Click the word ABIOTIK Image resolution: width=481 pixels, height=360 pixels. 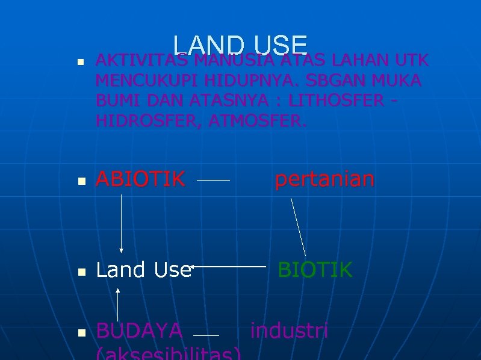[x=140, y=179]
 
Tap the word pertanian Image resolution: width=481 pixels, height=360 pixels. [x=324, y=179]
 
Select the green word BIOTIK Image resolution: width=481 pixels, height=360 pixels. [x=315, y=270]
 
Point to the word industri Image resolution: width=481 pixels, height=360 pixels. [x=289, y=331]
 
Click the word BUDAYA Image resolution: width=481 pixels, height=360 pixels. [x=139, y=331]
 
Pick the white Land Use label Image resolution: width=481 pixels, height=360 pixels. [x=143, y=270]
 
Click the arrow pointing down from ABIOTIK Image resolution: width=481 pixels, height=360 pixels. [x=122, y=223]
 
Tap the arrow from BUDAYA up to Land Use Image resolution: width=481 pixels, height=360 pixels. [x=118, y=304]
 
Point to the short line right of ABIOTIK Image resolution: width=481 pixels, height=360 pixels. [x=214, y=179]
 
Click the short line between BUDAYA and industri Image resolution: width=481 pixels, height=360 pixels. [x=206, y=335]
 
